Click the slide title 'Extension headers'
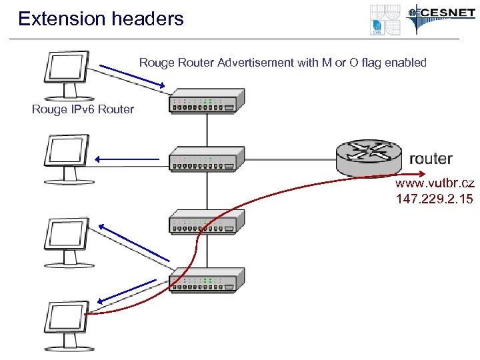101,19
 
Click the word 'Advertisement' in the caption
261,63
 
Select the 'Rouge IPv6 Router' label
83,109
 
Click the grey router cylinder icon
369,158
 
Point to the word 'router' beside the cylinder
430,159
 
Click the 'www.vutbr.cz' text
434,183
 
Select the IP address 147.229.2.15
434,198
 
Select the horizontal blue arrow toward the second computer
127,159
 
